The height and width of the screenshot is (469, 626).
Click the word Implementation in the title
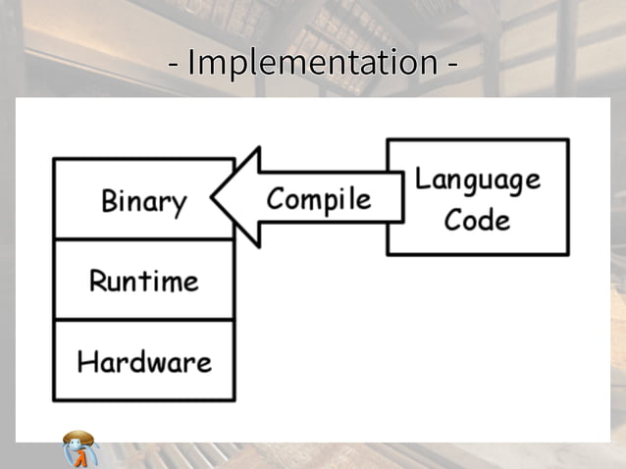tap(312, 63)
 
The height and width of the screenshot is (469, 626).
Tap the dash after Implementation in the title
tap(451, 66)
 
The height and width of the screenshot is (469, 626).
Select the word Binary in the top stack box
tap(143, 202)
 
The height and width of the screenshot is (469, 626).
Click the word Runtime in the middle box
tap(143, 282)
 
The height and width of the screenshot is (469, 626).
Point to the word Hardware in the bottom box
tap(143, 362)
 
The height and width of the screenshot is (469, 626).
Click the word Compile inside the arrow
tap(319, 199)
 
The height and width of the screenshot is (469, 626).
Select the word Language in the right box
tap(477, 180)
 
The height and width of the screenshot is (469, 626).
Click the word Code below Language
tap(477, 219)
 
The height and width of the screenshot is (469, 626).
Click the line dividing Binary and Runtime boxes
tap(143, 239)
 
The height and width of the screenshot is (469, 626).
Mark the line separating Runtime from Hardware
tap(143, 320)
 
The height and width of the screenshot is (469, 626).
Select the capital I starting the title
tap(190, 63)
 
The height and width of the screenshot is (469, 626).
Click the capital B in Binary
tap(109, 201)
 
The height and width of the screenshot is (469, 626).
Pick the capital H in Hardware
tap(86, 362)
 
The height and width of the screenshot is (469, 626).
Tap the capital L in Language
tap(420, 179)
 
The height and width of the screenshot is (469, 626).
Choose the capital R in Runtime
tap(97, 282)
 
